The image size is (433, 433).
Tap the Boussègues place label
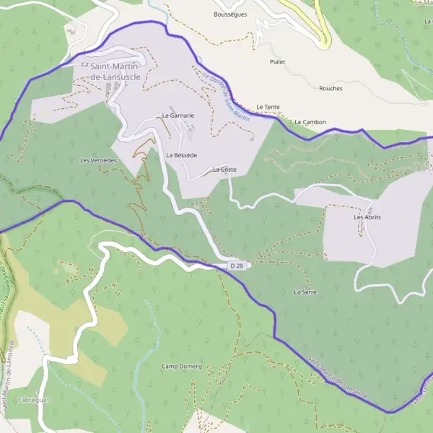click(231, 14)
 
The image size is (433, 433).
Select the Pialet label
click(276, 62)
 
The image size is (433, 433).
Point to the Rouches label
click(331, 88)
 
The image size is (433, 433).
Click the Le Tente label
click(268, 107)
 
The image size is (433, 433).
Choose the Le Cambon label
click(310, 122)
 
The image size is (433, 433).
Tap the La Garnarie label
click(178, 115)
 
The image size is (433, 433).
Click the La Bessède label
click(181, 155)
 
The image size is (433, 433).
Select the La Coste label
click(224, 170)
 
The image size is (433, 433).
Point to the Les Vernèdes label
click(98, 160)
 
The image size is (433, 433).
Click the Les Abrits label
click(367, 217)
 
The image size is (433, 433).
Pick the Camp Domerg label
click(181, 367)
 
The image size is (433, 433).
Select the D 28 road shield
click(236, 266)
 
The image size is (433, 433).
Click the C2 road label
click(84, 64)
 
